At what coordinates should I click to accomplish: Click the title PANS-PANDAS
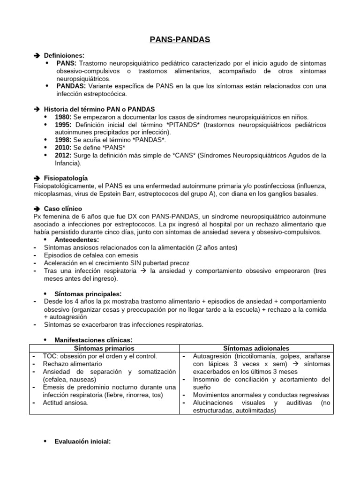(180, 40)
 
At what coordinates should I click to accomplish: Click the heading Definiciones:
(64, 55)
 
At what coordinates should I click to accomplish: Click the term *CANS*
(188, 155)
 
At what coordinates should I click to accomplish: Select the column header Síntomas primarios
(104, 348)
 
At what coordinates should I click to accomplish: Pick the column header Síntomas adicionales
(256, 348)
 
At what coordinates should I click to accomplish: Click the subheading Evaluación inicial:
(82, 441)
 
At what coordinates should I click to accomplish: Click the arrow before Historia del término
(37, 109)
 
